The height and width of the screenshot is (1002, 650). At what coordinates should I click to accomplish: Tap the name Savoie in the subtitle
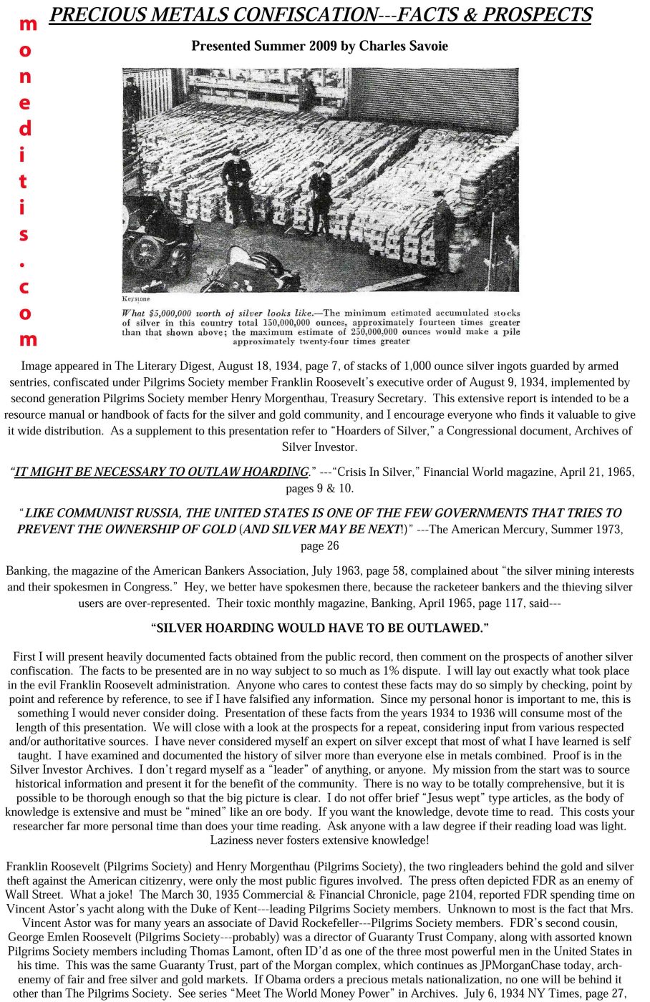pos(427,47)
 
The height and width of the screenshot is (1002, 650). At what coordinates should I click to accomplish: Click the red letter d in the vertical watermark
pos(26,129)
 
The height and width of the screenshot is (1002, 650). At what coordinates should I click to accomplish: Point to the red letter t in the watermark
pos(24,181)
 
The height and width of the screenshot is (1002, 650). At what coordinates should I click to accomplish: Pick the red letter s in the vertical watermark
pos(24,233)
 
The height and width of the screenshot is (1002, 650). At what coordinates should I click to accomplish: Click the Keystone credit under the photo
pos(136,298)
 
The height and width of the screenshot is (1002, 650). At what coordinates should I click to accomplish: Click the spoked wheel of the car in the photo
pos(147,251)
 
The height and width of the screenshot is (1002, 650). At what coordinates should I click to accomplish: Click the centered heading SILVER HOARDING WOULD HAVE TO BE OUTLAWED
pos(319,628)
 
